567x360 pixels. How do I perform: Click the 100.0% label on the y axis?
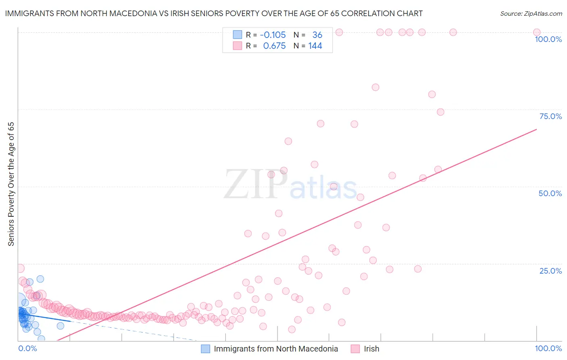point(548,39)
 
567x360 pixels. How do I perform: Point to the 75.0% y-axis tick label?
point(550,116)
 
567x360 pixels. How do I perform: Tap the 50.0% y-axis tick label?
point(550,193)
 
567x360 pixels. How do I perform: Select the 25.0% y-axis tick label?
point(550,270)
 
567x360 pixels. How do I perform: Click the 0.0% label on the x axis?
point(27,348)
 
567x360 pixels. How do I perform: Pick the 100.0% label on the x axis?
point(548,348)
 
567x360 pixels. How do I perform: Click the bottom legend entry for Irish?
point(371,349)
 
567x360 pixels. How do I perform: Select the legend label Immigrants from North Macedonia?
point(276,349)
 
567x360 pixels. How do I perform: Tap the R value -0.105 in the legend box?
point(273,35)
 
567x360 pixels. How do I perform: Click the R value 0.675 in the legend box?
point(274,46)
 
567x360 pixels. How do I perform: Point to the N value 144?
point(315,46)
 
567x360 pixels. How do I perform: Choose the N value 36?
point(317,35)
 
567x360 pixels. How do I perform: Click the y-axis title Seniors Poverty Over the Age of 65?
point(11,184)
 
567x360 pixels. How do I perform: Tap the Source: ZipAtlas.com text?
point(531,14)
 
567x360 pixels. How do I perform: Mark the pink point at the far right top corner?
point(537,32)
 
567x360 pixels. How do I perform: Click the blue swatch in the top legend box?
point(237,35)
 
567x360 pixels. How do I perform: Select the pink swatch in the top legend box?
point(237,46)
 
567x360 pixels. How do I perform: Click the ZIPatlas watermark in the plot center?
point(290,185)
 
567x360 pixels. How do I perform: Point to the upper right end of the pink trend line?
point(536,129)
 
